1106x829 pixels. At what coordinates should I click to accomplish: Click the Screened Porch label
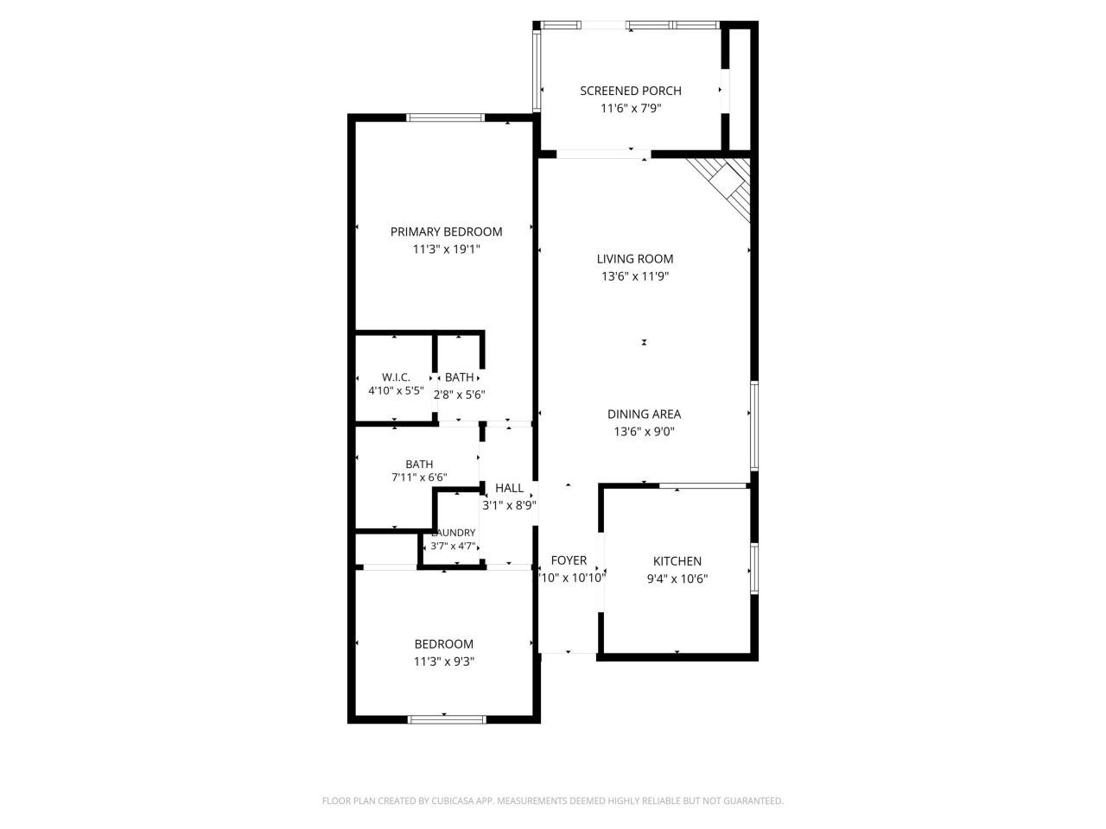coord(630,91)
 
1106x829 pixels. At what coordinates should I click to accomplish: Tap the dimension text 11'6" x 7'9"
coord(631,109)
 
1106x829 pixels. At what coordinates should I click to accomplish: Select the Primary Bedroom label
coord(446,231)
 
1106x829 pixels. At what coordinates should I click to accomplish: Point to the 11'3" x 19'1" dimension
coord(446,250)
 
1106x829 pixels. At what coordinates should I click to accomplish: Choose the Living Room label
coord(635,258)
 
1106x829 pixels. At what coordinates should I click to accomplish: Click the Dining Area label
coord(644,414)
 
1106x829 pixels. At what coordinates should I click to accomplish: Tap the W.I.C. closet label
coord(396,377)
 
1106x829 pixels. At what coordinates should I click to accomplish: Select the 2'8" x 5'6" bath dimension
coord(459,395)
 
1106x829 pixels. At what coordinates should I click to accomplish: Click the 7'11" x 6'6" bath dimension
coord(419,477)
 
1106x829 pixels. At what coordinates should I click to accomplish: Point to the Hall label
coord(509,488)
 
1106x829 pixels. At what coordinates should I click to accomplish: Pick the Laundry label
coord(454,533)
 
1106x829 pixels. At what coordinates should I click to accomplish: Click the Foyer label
coord(569,560)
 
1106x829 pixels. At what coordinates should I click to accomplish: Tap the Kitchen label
coord(677,561)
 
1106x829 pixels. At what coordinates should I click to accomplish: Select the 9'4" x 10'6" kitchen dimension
coord(677,579)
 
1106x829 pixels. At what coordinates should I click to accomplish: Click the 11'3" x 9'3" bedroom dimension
coord(444,661)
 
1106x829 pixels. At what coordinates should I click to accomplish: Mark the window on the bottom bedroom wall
coord(447,718)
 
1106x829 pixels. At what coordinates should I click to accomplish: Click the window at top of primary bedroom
coord(446,117)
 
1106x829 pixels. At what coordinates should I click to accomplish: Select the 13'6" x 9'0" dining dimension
coord(644,432)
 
